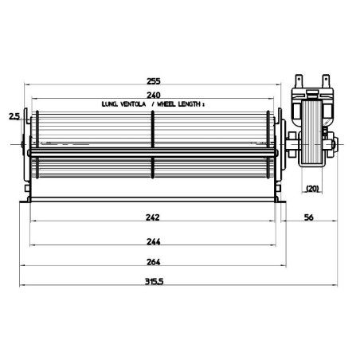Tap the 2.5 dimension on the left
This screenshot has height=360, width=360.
point(14,117)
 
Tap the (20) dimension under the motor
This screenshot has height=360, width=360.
point(312,190)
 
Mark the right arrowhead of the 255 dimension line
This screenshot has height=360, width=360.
point(283,87)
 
